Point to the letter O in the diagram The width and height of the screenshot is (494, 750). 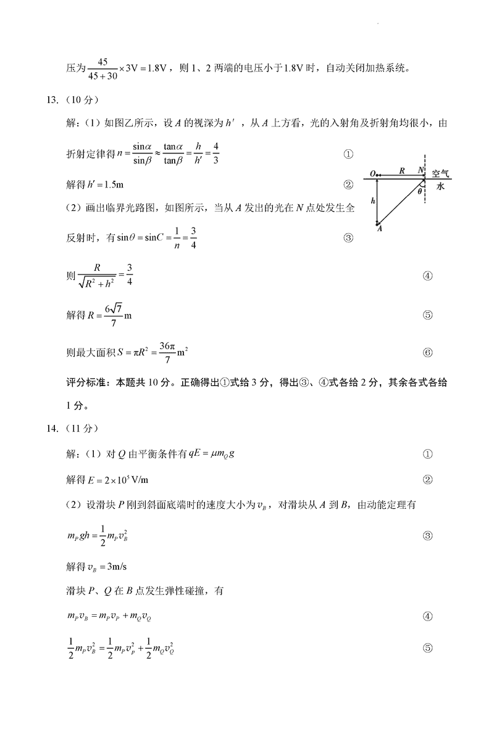(x=371, y=174)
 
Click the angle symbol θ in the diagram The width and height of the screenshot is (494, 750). (x=419, y=191)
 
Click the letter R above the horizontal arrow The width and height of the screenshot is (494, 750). (x=401, y=170)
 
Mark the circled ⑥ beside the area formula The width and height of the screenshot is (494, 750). (x=427, y=353)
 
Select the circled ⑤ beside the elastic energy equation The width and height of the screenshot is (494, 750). (x=427, y=648)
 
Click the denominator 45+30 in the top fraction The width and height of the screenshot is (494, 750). (x=103, y=76)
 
